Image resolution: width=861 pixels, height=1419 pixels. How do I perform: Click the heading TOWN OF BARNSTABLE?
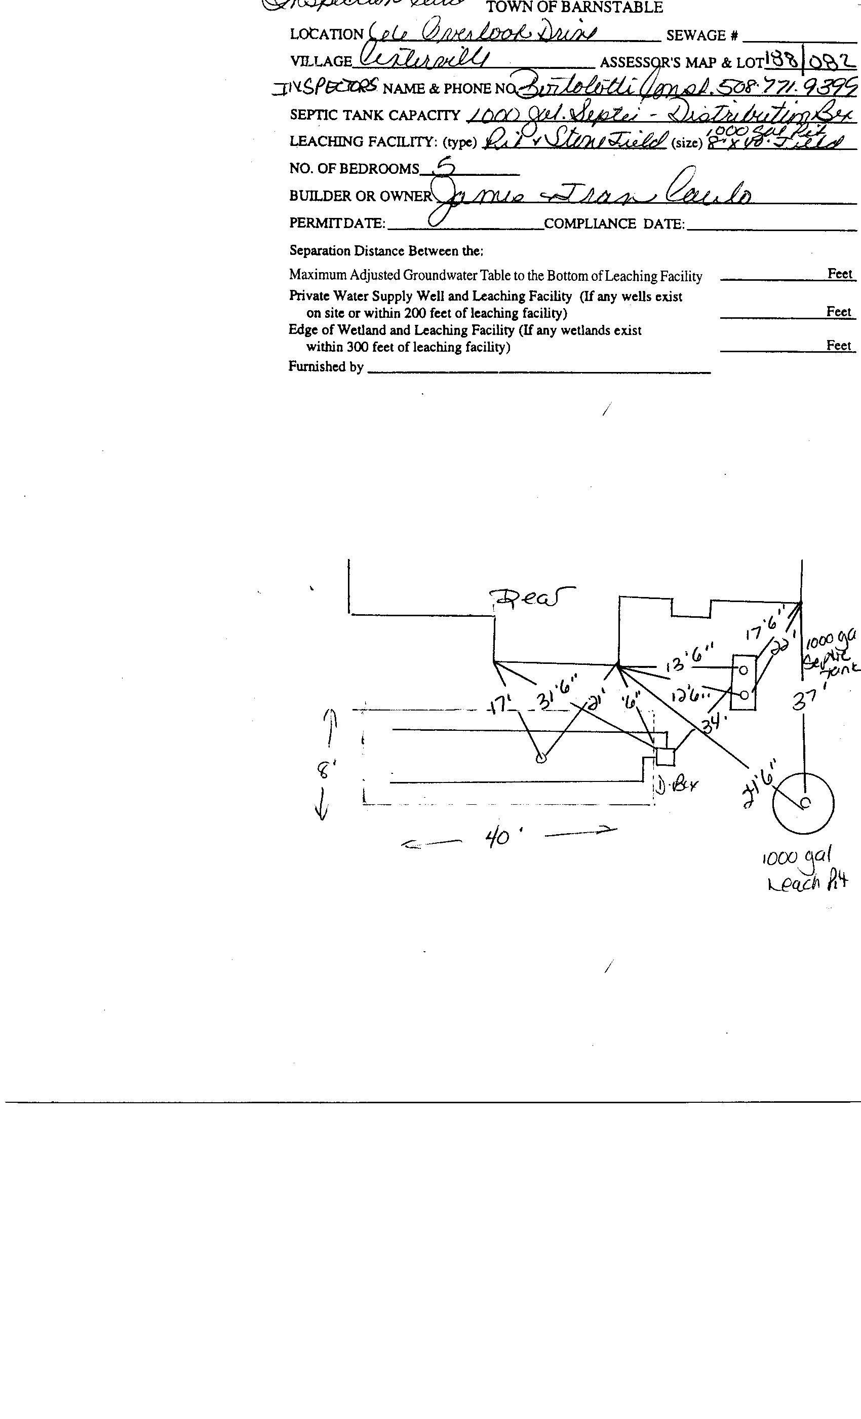coord(574,8)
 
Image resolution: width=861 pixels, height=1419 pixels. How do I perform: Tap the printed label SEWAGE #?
coord(701,35)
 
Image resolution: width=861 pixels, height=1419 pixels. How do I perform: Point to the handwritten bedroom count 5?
coord(445,167)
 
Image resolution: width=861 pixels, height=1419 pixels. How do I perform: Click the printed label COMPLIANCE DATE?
coord(614,223)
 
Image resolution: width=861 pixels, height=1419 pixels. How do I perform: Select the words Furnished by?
coord(325,367)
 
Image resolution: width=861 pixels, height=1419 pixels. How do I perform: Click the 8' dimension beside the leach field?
coord(326,769)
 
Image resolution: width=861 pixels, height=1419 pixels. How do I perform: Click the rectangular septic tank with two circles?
coord(743,683)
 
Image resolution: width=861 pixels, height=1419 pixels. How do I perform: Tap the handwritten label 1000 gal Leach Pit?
coord(806,871)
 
